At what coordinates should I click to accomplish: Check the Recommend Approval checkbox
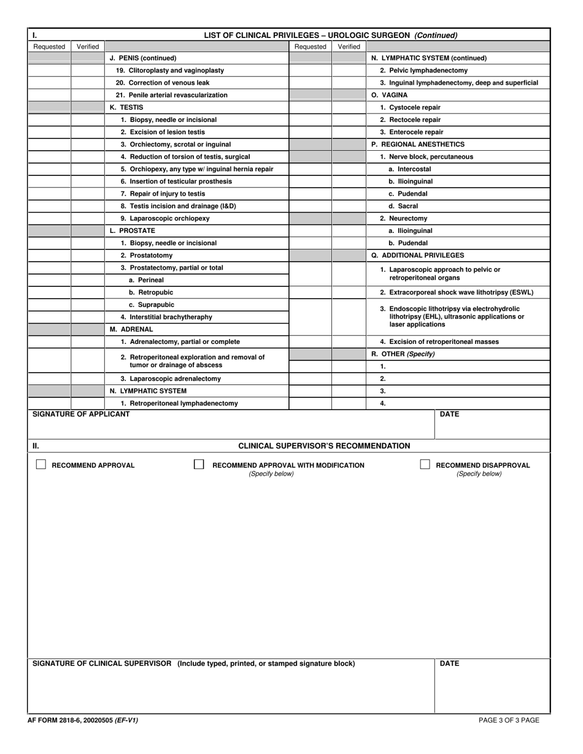[x=41, y=465]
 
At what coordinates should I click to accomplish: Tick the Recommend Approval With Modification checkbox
[x=199, y=465]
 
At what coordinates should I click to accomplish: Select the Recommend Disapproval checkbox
[x=425, y=465]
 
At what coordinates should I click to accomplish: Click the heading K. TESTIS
[x=126, y=107]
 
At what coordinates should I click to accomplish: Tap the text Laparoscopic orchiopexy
[x=164, y=218]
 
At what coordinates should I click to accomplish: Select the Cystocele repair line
[x=410, y=107]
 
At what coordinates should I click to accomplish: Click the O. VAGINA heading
[x=390, y=95]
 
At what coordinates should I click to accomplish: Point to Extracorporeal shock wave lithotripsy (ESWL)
[x=457, y=292]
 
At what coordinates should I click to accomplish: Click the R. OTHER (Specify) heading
[x=403, y=354]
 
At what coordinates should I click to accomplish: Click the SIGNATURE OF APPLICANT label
[x=81, y=414]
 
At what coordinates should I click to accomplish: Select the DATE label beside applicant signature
[x=449, y=414]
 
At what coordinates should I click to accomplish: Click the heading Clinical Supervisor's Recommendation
[x=324, y=446]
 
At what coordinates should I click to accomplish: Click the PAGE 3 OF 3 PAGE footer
[x=509, y=720]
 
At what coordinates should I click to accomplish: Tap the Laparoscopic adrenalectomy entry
[x=171, y=379]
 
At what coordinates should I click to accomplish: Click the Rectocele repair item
[x=410, y=120]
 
